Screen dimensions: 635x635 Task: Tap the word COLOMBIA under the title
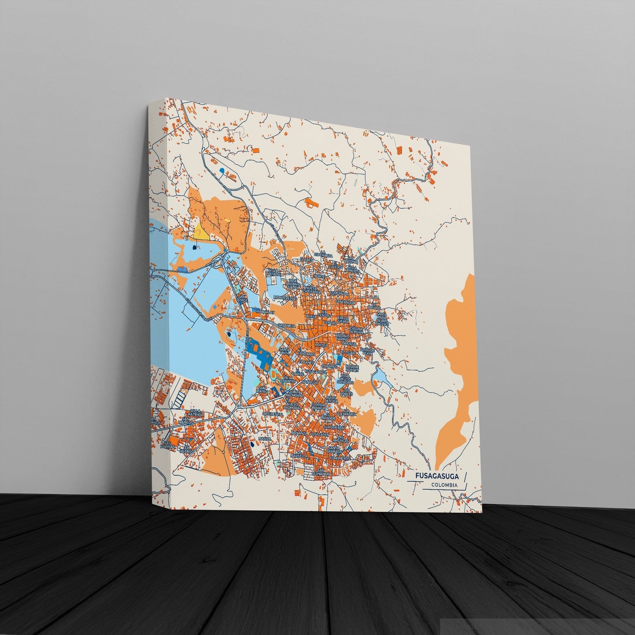(443, 485)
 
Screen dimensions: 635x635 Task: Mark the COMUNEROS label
(349, 457)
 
